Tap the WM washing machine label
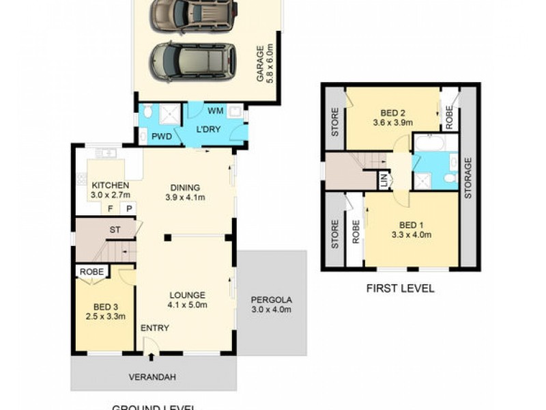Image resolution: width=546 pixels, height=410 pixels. click(215, 110)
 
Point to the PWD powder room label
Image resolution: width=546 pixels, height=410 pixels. click(162, 136)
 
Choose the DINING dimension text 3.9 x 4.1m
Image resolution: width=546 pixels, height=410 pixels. click(186, 198)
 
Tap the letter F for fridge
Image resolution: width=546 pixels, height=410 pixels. click(111, 208)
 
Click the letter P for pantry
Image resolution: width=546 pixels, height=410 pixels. click(127, 208)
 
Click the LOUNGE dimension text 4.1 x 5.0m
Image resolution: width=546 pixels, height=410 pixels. click(188, 305)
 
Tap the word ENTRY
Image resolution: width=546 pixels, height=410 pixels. click(155, 328)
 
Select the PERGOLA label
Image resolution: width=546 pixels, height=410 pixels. click(271, 299)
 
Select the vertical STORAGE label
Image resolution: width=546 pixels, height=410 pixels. click(468, 178)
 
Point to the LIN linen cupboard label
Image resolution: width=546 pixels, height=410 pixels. click(384, 180)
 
